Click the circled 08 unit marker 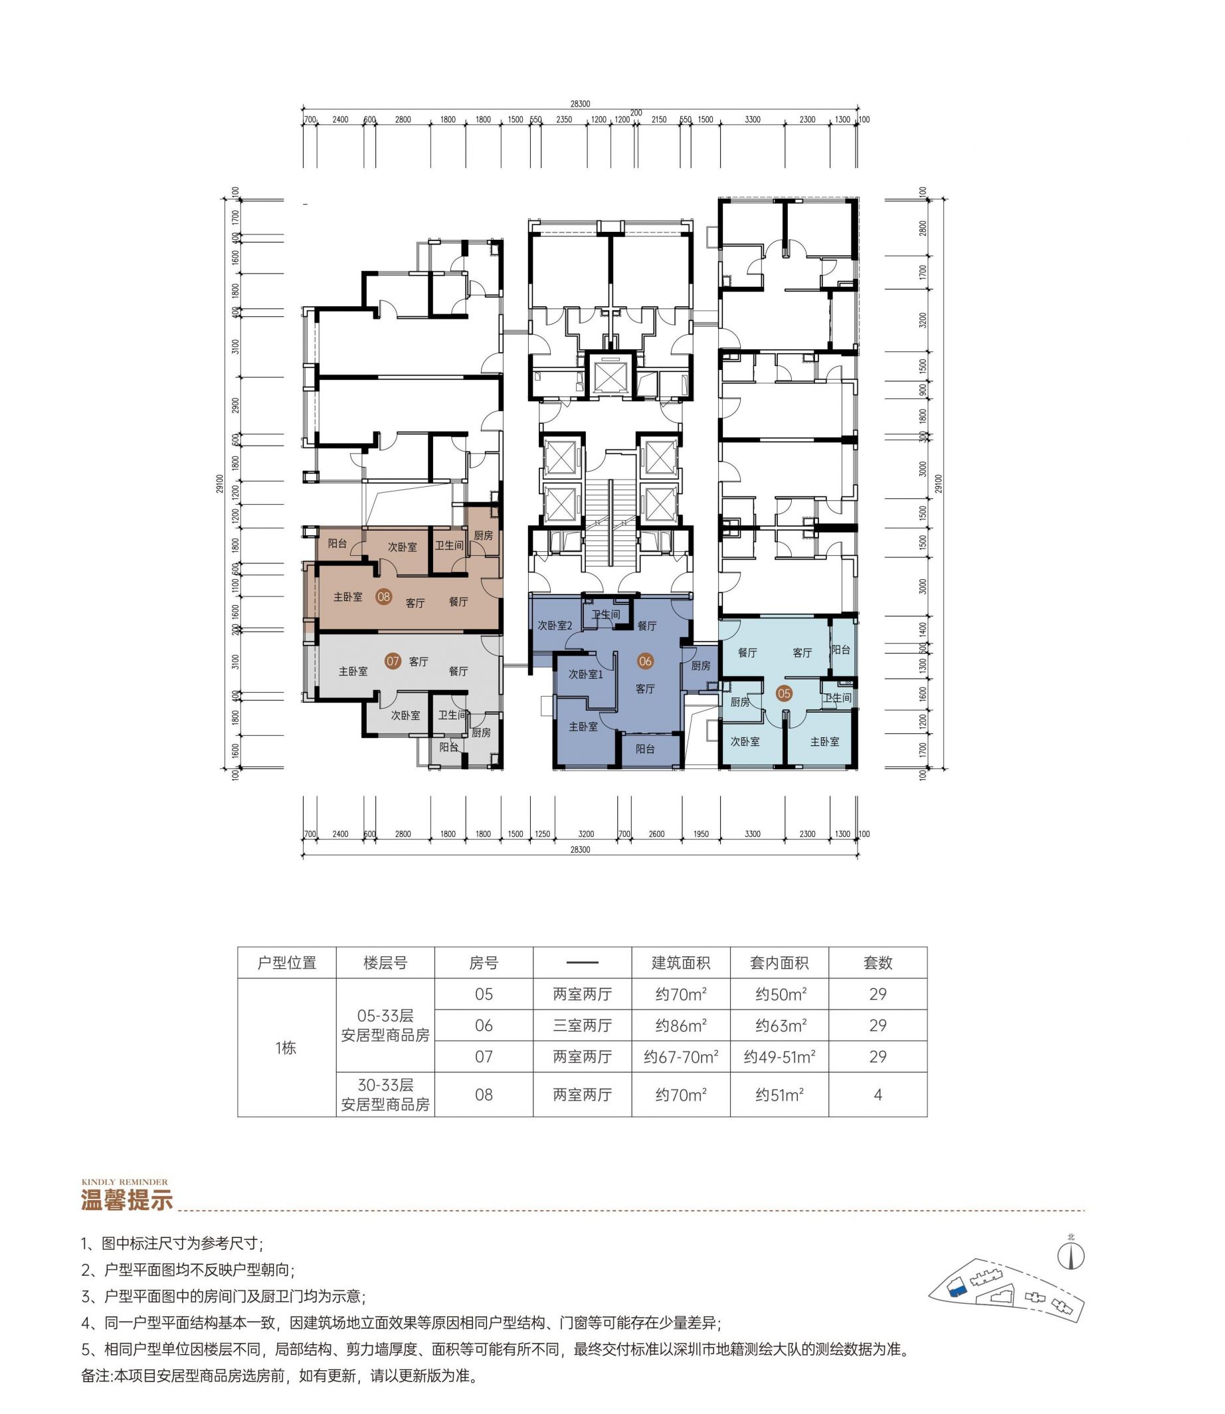coord(383,596)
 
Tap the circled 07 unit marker coord(393,661)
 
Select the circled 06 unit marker coord(644,661)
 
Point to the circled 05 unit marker coord(783,693)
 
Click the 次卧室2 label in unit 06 coord(555,626)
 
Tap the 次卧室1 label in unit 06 coord(586,675)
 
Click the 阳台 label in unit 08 coord(337,543)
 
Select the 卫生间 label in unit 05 coord(838,698)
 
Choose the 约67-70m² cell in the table coord(681,1057)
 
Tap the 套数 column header coord(878,963)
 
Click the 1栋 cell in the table coord(286,1047)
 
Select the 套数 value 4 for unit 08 coord(878,1095)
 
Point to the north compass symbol coord(1071,1255)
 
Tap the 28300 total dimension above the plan coord(581,104)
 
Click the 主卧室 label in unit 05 coord(824,741)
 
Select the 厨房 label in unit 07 coord(481,733)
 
